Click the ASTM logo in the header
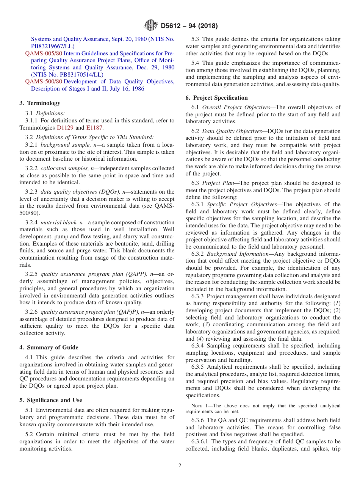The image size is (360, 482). tap(150, 26)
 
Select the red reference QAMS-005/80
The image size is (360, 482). tap(44, 53)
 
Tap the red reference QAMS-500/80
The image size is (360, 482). tap(44, 81)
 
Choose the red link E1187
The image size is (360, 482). tap(95, 128)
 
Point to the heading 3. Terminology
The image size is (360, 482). tap(40, 103)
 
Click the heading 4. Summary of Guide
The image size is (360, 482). tap(49, 347)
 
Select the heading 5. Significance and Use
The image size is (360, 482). tap(51, 400)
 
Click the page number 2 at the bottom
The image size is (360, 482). tap(180, 466)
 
